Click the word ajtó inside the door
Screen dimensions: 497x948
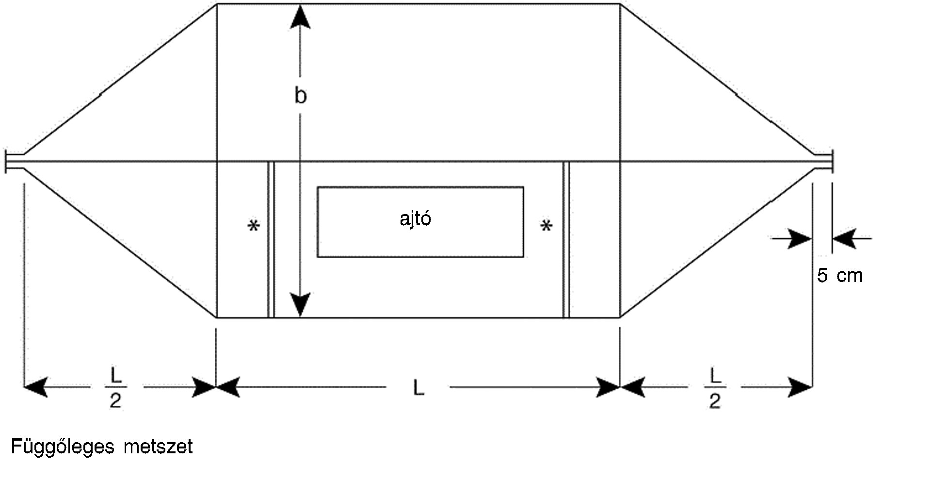click(x=416, y=219)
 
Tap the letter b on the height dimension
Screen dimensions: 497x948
click(x=301, y=96)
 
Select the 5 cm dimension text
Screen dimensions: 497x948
click(x=840, y=276)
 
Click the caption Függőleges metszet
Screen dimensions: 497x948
click(x=102, y=447)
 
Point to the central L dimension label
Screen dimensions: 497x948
click(x=418, y=388)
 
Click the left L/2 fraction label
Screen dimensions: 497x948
click(x=116, y=388)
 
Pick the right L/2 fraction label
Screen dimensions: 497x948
click(x=715, y=388)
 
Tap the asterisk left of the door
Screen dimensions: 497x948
click(x=254, y=227)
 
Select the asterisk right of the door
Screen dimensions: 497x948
click(x=546, y=227)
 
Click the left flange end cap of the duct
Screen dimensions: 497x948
click(x=6, y=162)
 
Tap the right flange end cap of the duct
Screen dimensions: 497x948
click(x=831, y=162)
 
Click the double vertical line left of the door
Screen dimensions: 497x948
click(x=271, y=240)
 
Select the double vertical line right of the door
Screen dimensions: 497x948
click(x=566, y=240)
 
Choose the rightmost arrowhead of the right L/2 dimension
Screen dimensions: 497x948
click(x=801, y=387)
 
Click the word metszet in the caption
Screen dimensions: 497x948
click(x=158, y=447)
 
